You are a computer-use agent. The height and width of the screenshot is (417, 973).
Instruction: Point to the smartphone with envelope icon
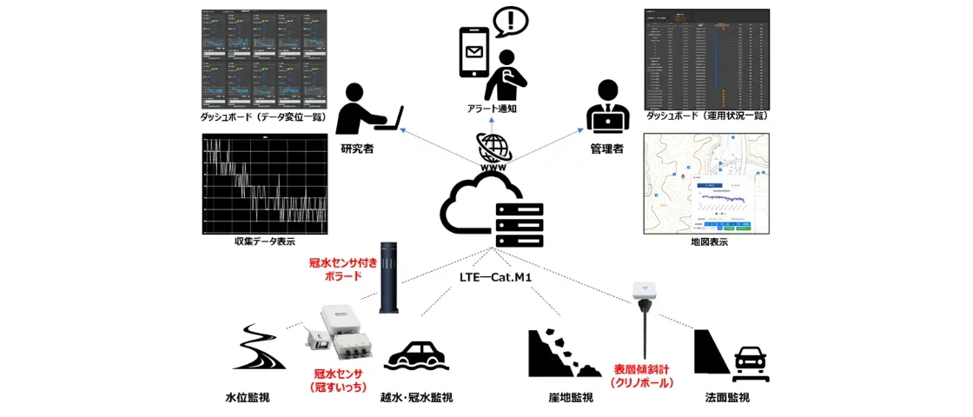tap(473, 53)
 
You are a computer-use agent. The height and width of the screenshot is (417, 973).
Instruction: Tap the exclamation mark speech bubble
tap(510, 22)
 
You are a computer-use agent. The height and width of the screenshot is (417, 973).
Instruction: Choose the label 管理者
tap(606, 149)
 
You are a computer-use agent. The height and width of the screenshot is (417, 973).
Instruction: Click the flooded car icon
tap(416, 356)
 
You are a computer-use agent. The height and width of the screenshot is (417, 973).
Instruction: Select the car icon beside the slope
tap(749, 362)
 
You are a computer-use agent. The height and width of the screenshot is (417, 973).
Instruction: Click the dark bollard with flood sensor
tap(390, 277)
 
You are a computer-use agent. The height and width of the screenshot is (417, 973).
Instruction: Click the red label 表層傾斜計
tap(642, 368)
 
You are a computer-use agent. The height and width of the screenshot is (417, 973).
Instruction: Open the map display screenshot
tap(705, 183)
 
